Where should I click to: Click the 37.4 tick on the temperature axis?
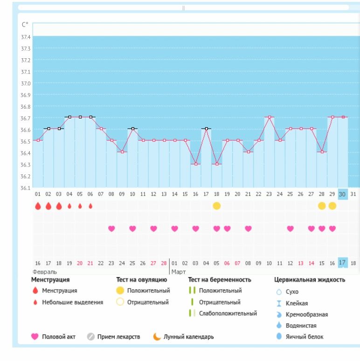(x=25, y=37)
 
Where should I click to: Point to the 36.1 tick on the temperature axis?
(x=25, y=188)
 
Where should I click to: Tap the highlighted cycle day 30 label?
(x=342, y=194)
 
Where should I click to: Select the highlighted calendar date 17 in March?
(x=342, y=263)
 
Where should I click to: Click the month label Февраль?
(x=44, y=271)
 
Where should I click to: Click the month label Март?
(x=179, y=271)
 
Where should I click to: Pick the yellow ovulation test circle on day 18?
(x=216, y=206)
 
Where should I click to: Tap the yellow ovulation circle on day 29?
(x=332, y=206)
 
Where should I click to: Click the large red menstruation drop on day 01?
(x=38, y=206)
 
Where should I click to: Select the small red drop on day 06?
(x=90, y=206)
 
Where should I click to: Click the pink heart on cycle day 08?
(x=111, y=229)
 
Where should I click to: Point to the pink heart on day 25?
(x=290, y=229)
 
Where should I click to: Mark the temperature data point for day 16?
(x=195, y=164)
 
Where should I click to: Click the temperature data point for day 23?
(x=269, y=117)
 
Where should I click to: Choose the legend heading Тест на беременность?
(x=220, y=280)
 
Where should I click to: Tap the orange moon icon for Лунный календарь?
(x=157, y=337)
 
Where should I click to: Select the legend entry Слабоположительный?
(x=228, y=313)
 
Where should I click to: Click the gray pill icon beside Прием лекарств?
(x=91, y=337)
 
